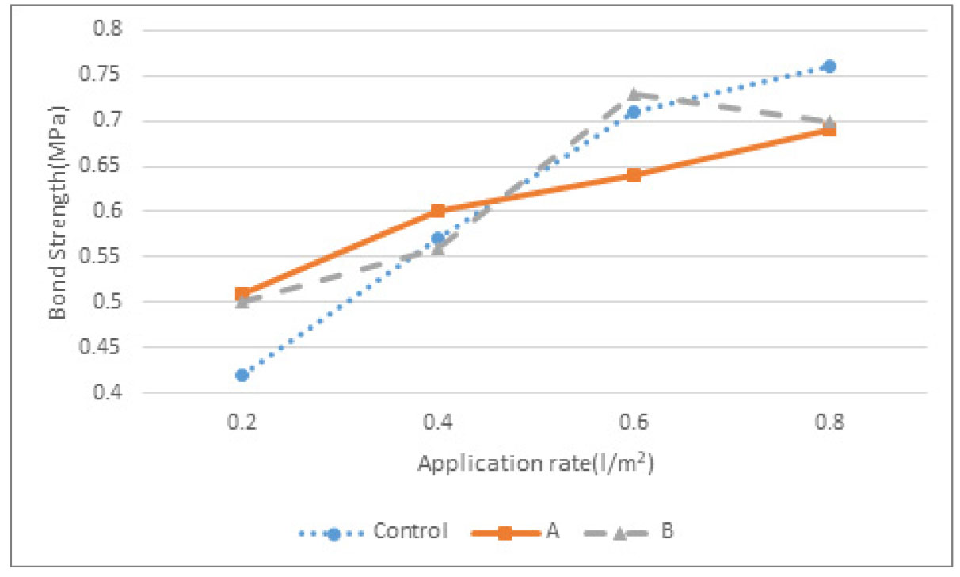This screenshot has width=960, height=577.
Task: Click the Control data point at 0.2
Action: (242, 375)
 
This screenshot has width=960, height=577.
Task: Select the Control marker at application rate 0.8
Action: (829, 67)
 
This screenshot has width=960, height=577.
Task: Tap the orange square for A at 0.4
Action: (438, 211)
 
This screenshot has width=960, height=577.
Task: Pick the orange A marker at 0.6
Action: (634, 175)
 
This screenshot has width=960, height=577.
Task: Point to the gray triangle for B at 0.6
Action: (634, 94)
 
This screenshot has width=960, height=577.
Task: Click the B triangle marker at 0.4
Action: (438, 248)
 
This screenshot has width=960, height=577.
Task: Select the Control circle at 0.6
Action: (634, 112)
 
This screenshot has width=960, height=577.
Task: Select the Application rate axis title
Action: (535, 463)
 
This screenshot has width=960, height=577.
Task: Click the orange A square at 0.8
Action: (829, 130)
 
